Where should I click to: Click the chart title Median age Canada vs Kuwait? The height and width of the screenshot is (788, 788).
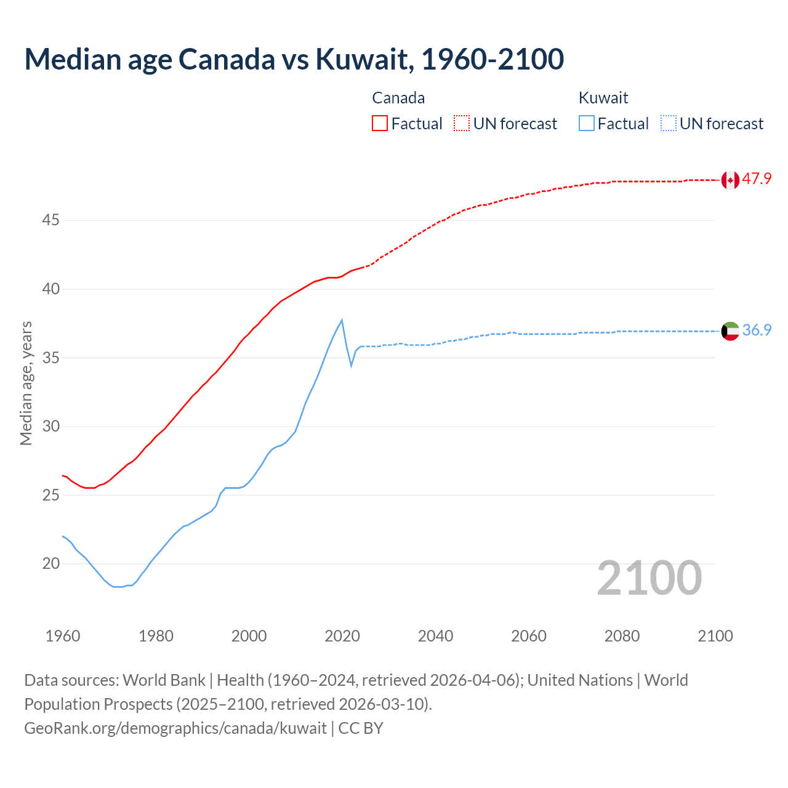pyautogui.click(x=294, y=59)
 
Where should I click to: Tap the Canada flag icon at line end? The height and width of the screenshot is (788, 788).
pyautogui.click(x=730, y=180)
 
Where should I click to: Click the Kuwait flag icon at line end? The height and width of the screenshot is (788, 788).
pyautogui.click(x=730, y=331)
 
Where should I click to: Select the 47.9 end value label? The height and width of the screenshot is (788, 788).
pyautogui.click(x=757, y=179)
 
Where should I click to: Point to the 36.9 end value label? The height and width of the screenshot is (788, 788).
pyautogui.click(x=757, y=331)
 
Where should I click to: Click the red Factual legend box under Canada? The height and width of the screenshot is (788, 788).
pyautogui.click(x=380, y=123)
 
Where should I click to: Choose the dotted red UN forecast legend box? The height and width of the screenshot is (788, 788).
pyautogui.click(x=462, y=123)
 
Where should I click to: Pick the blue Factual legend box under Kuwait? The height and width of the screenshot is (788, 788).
pyautogui.click(x=587, y=123)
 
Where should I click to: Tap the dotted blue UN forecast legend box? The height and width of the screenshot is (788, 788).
pyautogui.click(x=669, y=123)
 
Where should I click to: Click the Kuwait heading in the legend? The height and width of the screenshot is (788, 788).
pyautogui.click(x=603, y=98)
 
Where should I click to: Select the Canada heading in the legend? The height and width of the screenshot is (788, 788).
pyautogui.click(x=398, y=98)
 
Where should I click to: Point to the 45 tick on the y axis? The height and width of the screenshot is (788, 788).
pyautogui.click(x=50, y=220)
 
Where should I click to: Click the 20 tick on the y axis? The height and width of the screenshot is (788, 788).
pyautogui.click(x=50, y=564)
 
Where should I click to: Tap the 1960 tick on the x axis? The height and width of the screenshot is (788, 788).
pyautogui.click(x=63, y=636)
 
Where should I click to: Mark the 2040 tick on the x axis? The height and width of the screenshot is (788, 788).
pyautogui.click(x=435, y=636)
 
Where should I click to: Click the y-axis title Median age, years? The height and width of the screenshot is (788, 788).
pyautogui.click(x=26, y=383)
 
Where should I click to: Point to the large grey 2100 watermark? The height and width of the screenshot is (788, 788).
pyautogui.click(x=649, y=578)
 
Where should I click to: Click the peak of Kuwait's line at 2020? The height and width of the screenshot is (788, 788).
pyautogui.click(x=342, y=320)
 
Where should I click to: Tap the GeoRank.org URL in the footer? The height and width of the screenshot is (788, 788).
pyautogui.click(x=175, y=728)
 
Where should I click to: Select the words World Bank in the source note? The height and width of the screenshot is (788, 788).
pyautogui.click(x=164, y=680)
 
